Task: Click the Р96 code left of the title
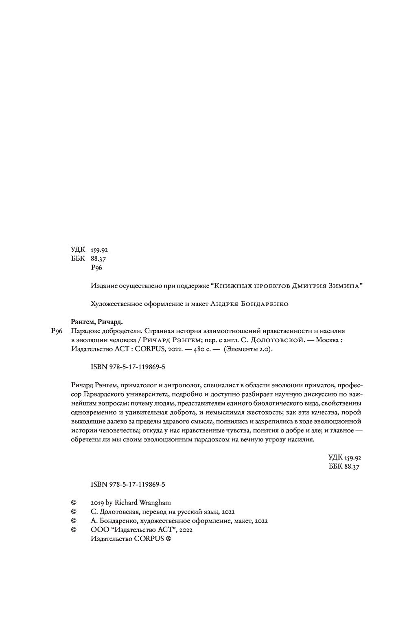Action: tap(56, 331)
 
